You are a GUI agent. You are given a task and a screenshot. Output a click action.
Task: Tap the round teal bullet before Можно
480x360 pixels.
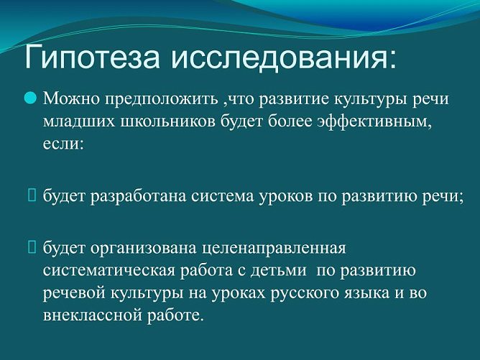tap(30, 98)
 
